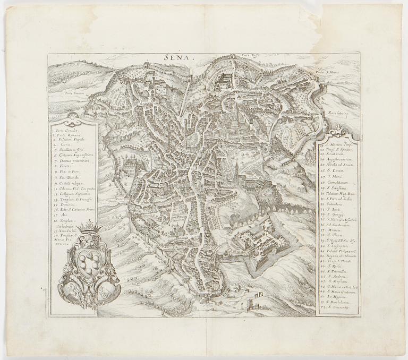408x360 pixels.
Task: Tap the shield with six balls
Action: point(89,262)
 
